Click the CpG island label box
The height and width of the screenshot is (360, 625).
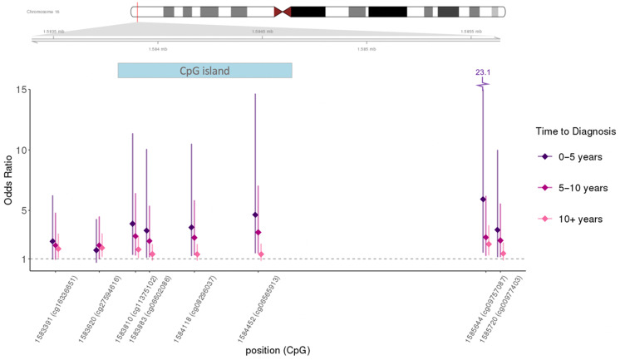click(x=204, y=70)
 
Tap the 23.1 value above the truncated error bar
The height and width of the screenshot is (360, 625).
click(x=483, y=73)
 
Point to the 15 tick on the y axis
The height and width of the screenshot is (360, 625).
click(x=28, y=89)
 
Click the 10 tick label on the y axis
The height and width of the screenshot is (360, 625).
click(x=28, y=150)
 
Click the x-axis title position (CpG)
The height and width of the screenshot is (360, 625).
click(x=279, y=351)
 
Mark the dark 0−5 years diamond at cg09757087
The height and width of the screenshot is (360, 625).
click(x=483, y=199)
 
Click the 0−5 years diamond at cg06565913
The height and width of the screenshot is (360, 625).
click(x=255, y=215)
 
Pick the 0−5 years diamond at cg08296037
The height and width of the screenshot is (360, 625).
click(x=191, y=227)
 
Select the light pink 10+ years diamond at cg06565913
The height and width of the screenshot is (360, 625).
click(x=262, y=254)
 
